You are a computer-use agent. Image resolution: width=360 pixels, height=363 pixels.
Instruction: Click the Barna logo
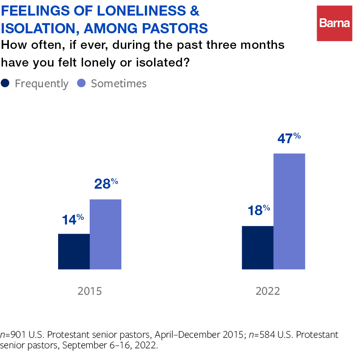334,24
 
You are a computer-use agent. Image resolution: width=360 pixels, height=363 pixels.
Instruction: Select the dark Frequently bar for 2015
74,251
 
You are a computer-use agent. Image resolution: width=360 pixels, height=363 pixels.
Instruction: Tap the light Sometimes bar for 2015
105,234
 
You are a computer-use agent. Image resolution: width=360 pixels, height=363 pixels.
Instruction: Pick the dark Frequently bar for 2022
258,248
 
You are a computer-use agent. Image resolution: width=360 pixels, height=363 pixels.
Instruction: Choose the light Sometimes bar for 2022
289,211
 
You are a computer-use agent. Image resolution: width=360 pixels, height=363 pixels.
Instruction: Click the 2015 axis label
90,291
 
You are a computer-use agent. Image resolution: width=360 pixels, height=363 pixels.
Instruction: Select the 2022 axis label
268,291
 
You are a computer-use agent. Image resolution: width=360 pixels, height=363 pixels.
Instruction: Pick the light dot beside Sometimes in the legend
82,83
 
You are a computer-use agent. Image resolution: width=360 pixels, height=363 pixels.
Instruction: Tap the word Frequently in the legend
41,84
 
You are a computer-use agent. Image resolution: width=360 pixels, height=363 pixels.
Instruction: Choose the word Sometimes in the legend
119,83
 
